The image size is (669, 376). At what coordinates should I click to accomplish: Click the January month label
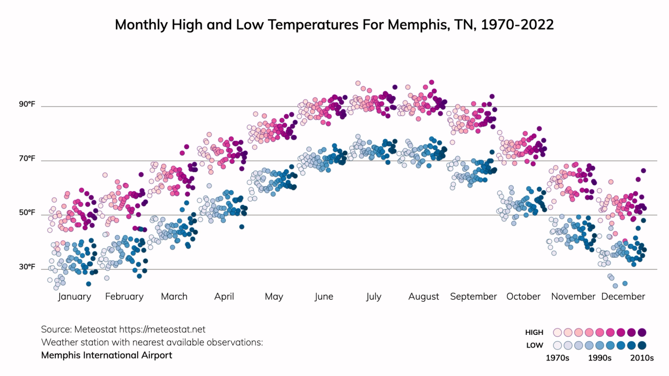pos(74,297)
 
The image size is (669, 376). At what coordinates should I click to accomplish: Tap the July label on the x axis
pos(373,297)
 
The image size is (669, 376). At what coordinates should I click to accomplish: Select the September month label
pos(473,297)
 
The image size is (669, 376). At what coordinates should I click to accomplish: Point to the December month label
pos(623,297)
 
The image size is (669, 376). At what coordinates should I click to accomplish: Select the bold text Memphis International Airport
pos(107,355)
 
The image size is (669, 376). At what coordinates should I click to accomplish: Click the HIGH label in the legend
pos(534,332)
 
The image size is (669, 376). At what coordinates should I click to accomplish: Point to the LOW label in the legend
pos(535,345)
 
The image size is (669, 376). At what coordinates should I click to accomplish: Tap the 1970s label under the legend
pos(557,358)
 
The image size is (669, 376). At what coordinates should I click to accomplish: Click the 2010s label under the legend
pos(642,358)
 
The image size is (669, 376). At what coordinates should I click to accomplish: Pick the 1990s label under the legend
pos(599,358)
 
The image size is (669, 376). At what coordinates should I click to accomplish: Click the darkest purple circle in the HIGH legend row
pos(642,332)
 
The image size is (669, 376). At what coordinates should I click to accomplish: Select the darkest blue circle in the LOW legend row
pos(642,345)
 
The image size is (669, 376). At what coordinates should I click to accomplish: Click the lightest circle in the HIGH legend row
pos(557,332)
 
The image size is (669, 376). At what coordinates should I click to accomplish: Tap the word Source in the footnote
pos(56,329)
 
